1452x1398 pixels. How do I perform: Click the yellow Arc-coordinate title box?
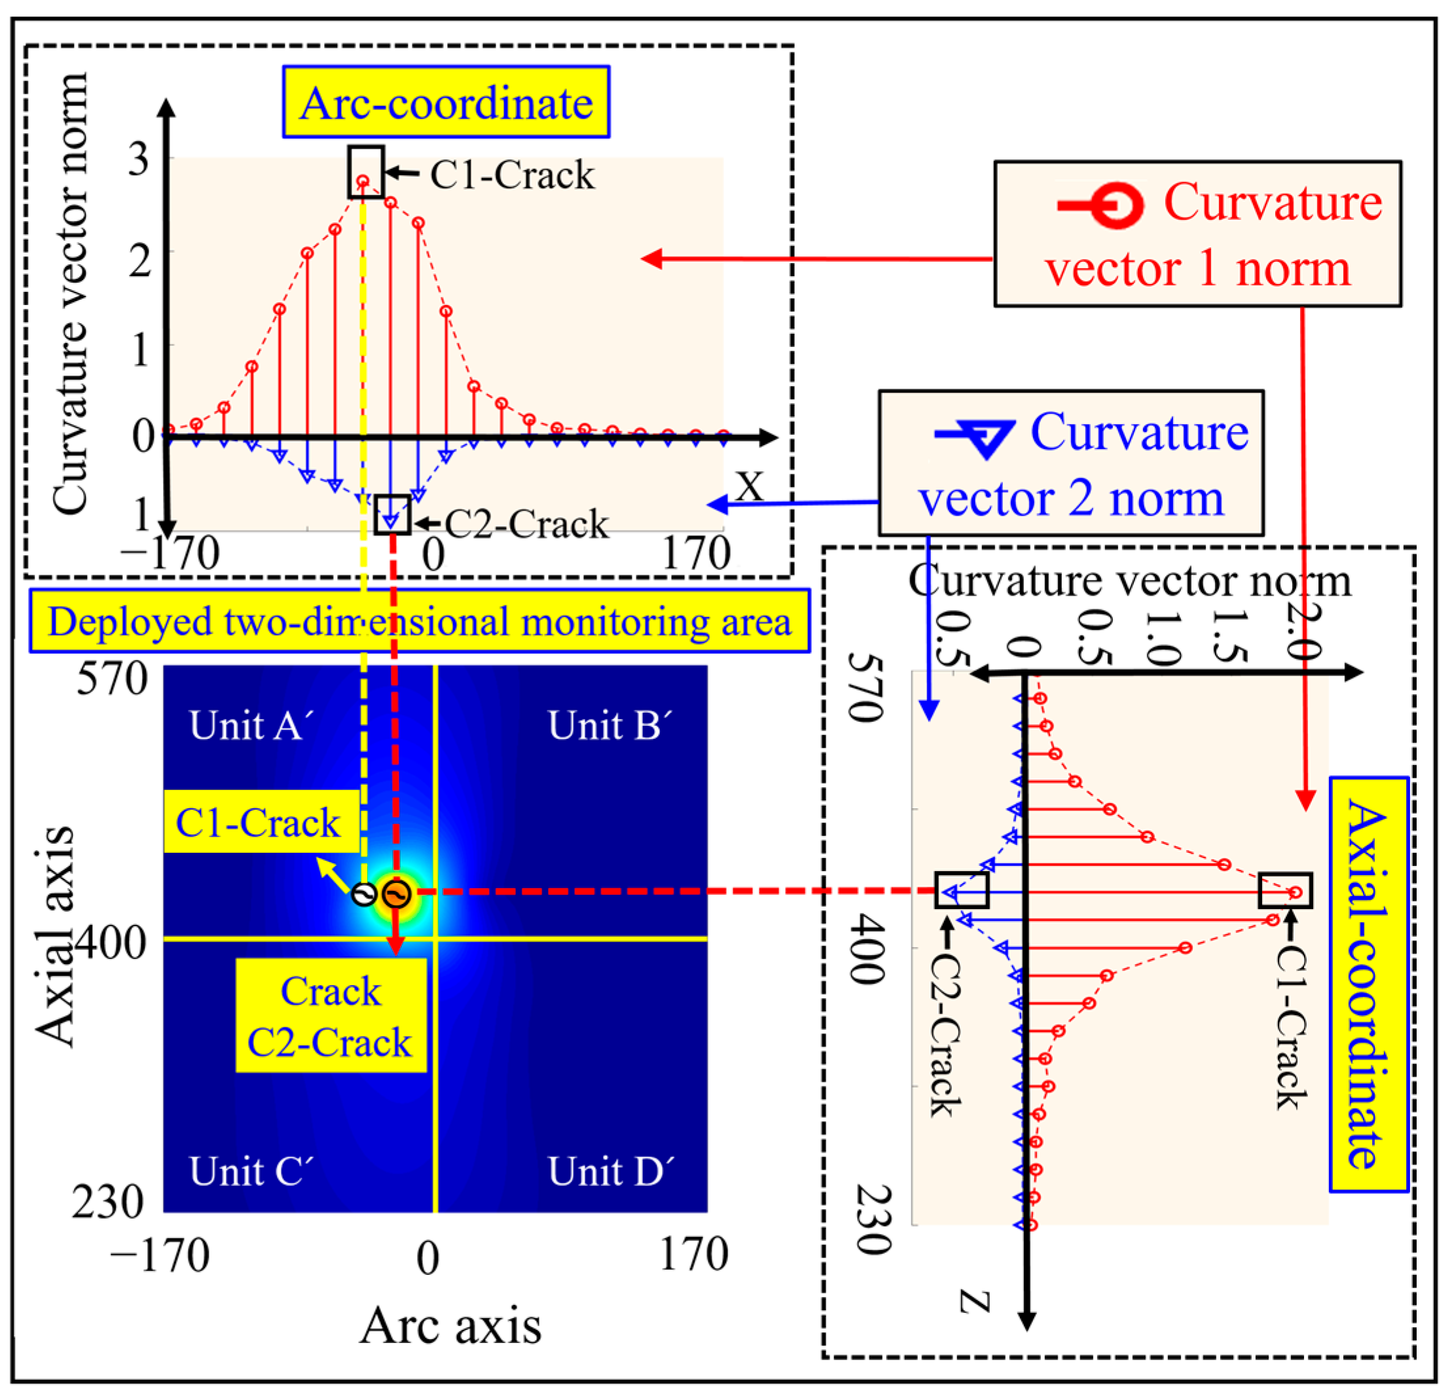[446, 102]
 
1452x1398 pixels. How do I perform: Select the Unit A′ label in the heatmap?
[252, 725]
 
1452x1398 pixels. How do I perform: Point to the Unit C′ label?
[252, 1171]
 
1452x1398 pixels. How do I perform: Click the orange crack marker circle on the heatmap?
[396, 894]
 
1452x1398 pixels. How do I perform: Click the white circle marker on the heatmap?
[364, 895]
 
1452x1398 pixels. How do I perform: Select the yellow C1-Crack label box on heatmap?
[259, 822]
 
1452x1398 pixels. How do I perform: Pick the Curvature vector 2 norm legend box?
[1070, 463]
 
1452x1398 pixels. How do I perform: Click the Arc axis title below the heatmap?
[450, 1325]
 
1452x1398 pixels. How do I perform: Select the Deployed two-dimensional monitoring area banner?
[420, 621]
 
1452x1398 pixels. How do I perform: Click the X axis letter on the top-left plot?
[750, 487]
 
